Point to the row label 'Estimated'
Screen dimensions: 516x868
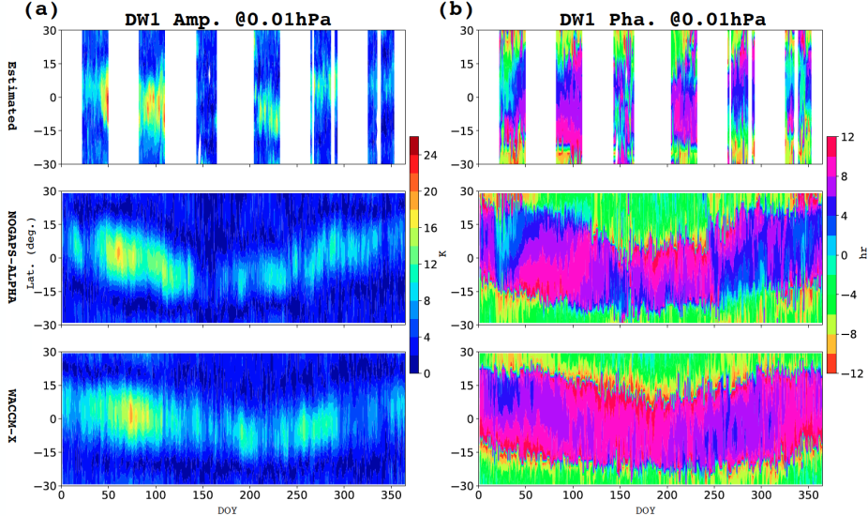pyautogui.click(x=11, y=97)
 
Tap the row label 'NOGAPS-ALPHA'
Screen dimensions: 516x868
pyautogui.click(x=11, y=259)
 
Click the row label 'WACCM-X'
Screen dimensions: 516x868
pyautogui.click(x=11, y=418)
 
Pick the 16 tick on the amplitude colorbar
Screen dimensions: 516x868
pyautogui.click(x=431, y=228)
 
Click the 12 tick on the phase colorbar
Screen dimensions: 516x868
pyautogui.click(x=848, y=137)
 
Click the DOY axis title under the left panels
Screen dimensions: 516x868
pyautogui.click(x=227, y=510)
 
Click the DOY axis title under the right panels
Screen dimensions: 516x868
pyautogui.click(x=645, y=510)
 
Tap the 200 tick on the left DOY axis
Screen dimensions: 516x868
pyautogui.click(x=249, y=497)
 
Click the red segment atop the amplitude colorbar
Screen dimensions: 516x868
pyautogui.click(x=413, y=144)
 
